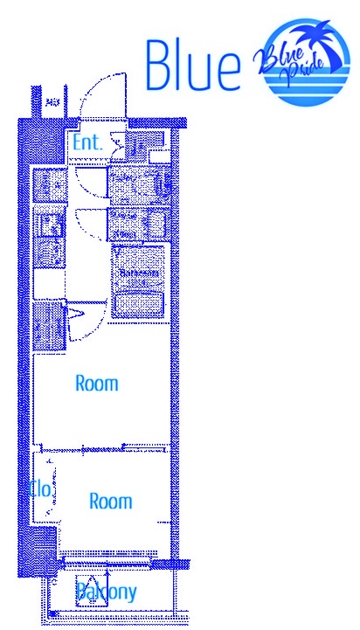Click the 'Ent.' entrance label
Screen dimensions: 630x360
87,142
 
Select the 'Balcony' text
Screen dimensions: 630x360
106,592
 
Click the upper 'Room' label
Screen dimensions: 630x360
96,383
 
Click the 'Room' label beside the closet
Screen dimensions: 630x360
111,502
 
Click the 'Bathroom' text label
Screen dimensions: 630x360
139,273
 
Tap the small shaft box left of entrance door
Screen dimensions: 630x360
52,102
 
